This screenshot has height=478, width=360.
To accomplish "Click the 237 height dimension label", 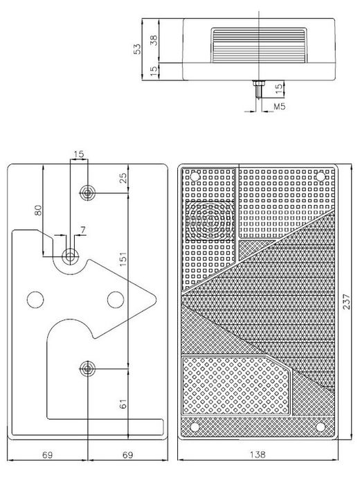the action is tap(347, 301).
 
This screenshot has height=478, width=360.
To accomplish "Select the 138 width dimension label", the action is tap(258, 454).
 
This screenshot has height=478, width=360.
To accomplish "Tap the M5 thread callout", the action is tap(279, 107).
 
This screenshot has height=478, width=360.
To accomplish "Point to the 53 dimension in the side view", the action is tap(138, 49).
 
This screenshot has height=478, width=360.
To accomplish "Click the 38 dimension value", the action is tap(154, 41).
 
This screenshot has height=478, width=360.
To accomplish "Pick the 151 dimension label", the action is tap(123, 258).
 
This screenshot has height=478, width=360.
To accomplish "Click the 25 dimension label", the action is tap(123, 178).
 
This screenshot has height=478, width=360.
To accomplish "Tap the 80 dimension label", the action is tap(38, 210).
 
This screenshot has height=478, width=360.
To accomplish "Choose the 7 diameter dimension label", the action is tap(83, 229).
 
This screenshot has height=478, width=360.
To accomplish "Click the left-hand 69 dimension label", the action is tap(47, 455).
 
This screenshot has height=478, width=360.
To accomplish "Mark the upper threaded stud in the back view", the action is tap(87, 193).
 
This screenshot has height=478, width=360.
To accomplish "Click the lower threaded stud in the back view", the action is tap(87, 369).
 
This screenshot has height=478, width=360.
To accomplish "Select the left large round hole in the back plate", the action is tap(35, 300).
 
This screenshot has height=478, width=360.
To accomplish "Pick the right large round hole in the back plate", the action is tap(116, 300).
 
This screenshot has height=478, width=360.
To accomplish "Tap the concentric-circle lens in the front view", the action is tap(210, 220).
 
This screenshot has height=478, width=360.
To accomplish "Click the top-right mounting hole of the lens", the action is tap(321, 176).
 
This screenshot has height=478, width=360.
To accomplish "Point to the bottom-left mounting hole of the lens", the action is tap(195, 427).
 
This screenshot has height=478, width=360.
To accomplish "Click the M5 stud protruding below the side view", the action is tap(259, 89).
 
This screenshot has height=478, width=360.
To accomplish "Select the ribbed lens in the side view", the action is tap(259, 46).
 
